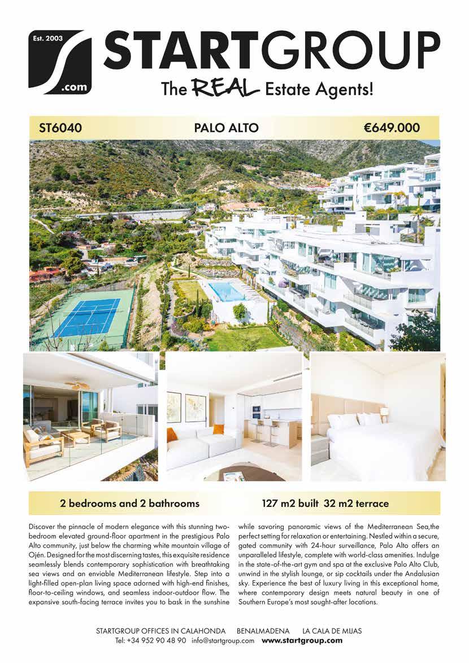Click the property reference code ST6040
coord(60,128)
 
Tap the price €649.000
coord(392,128)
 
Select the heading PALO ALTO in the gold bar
coord(226,128)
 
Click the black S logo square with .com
coord(60,62)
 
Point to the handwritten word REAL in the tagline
coord(225,88)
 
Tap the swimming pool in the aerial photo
coord(227,292)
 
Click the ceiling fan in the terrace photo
coord(76,385)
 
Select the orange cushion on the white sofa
coord(172,435)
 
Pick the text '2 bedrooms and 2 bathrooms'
coord(129,502)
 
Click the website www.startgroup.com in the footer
coord(302,640)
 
